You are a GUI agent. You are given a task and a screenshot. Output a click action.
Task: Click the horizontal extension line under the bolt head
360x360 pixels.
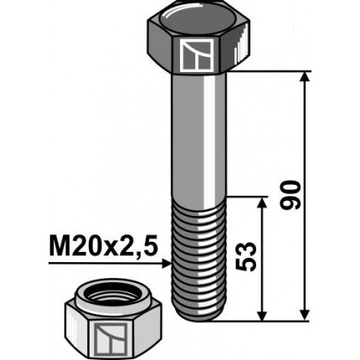coord(268,72)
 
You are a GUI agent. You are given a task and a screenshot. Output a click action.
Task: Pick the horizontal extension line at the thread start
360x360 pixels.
coord(247,198)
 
